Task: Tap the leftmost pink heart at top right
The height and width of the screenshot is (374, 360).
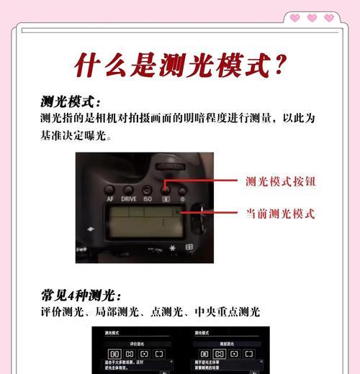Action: pos(294,18)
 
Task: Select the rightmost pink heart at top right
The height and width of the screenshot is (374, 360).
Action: pos(329,18)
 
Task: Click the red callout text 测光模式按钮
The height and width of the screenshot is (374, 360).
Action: pos(280,182)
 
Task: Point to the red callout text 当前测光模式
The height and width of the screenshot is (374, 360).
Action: pos(280,214)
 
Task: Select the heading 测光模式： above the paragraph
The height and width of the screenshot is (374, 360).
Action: pos(71,101)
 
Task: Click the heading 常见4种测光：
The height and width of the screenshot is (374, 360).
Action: pos(81,295)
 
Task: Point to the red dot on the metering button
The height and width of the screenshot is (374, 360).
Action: pos(166,183)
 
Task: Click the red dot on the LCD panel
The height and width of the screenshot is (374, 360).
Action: pos(179,213)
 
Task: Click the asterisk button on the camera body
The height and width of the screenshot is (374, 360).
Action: pos(172,248)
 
